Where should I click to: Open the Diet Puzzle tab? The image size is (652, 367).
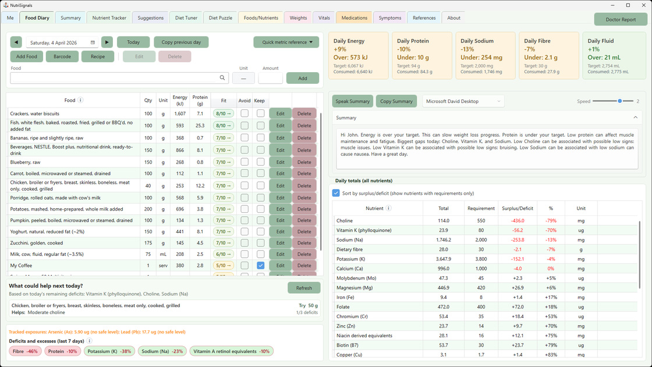(221, 18)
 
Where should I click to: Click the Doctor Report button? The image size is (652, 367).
(621, 20)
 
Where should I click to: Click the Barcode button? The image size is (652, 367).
(62, 56)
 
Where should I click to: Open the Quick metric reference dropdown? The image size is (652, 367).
(287, 42)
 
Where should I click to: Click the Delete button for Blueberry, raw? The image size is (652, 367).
(304, 162)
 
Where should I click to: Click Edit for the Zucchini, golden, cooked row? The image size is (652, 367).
(280, 243)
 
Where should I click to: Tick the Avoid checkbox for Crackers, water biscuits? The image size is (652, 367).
(245, 114)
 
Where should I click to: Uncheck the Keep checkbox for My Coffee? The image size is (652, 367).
(260, 266)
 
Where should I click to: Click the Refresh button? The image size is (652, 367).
(304, 288)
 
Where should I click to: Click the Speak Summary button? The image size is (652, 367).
(352, 101)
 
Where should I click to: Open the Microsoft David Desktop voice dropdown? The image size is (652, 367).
(463, 101)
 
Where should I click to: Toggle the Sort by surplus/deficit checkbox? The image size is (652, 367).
(336, 193)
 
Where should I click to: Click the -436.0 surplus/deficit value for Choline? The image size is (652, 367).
(518, 221)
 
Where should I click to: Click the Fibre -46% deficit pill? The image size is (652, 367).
(25, 351)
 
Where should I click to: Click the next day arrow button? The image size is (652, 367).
(107, 42)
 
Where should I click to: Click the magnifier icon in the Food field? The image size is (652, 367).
(222, 78)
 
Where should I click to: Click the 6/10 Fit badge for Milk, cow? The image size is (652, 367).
(223, 254)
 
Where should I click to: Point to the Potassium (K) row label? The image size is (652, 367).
(350, 259)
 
